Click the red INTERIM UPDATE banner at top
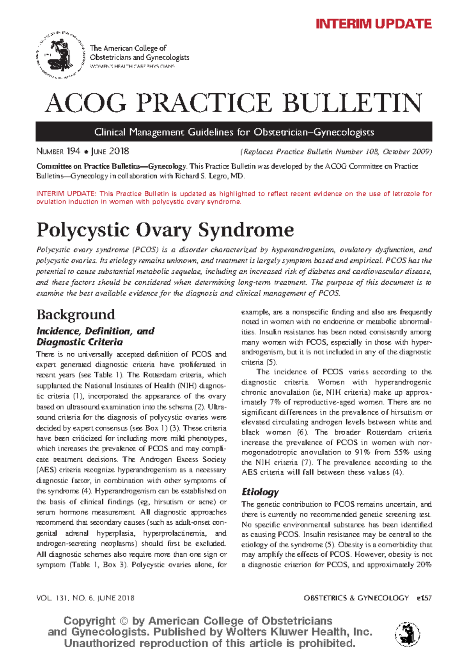[373, 24]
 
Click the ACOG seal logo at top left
[60, 55]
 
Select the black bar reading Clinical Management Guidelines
[234, 132]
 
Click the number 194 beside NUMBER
[73, 151]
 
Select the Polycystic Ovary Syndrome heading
[165, 230]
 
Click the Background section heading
[76, 314]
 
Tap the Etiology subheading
[260, 492]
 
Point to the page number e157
[424, 598]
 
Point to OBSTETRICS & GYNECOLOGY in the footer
[356, 598]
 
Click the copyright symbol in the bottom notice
[124, 621]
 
